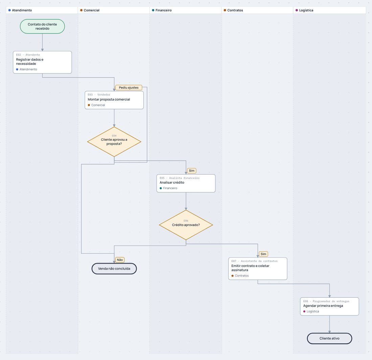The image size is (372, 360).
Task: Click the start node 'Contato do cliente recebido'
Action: click(x=42, y=26)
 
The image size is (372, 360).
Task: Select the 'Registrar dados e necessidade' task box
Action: click(x=42, y=62)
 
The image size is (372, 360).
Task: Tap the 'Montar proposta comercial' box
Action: click(x=114, y=100)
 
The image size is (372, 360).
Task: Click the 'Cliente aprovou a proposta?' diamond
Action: click(x=114, y=142)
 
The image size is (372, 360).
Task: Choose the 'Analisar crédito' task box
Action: click(x=186, y=183)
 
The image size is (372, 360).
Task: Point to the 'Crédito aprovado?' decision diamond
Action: click(x=186, y=225)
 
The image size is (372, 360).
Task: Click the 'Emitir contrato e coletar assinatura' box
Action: click(x=258, y=269)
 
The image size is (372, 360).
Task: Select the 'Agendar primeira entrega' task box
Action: click(x=329, y=306)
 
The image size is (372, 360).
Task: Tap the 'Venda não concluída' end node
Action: click(x=114, y=269)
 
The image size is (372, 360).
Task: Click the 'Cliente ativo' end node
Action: click(x=329, y=338)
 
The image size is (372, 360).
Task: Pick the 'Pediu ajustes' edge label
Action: click(x=129, y=88)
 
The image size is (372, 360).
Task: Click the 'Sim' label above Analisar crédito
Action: click(x=192, y=171)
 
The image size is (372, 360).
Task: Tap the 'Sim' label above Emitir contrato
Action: click(x=263, y=254)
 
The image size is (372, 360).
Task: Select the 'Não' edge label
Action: click(x=120, y=260)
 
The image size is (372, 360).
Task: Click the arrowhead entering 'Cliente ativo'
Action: click(x=329, y=332)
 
